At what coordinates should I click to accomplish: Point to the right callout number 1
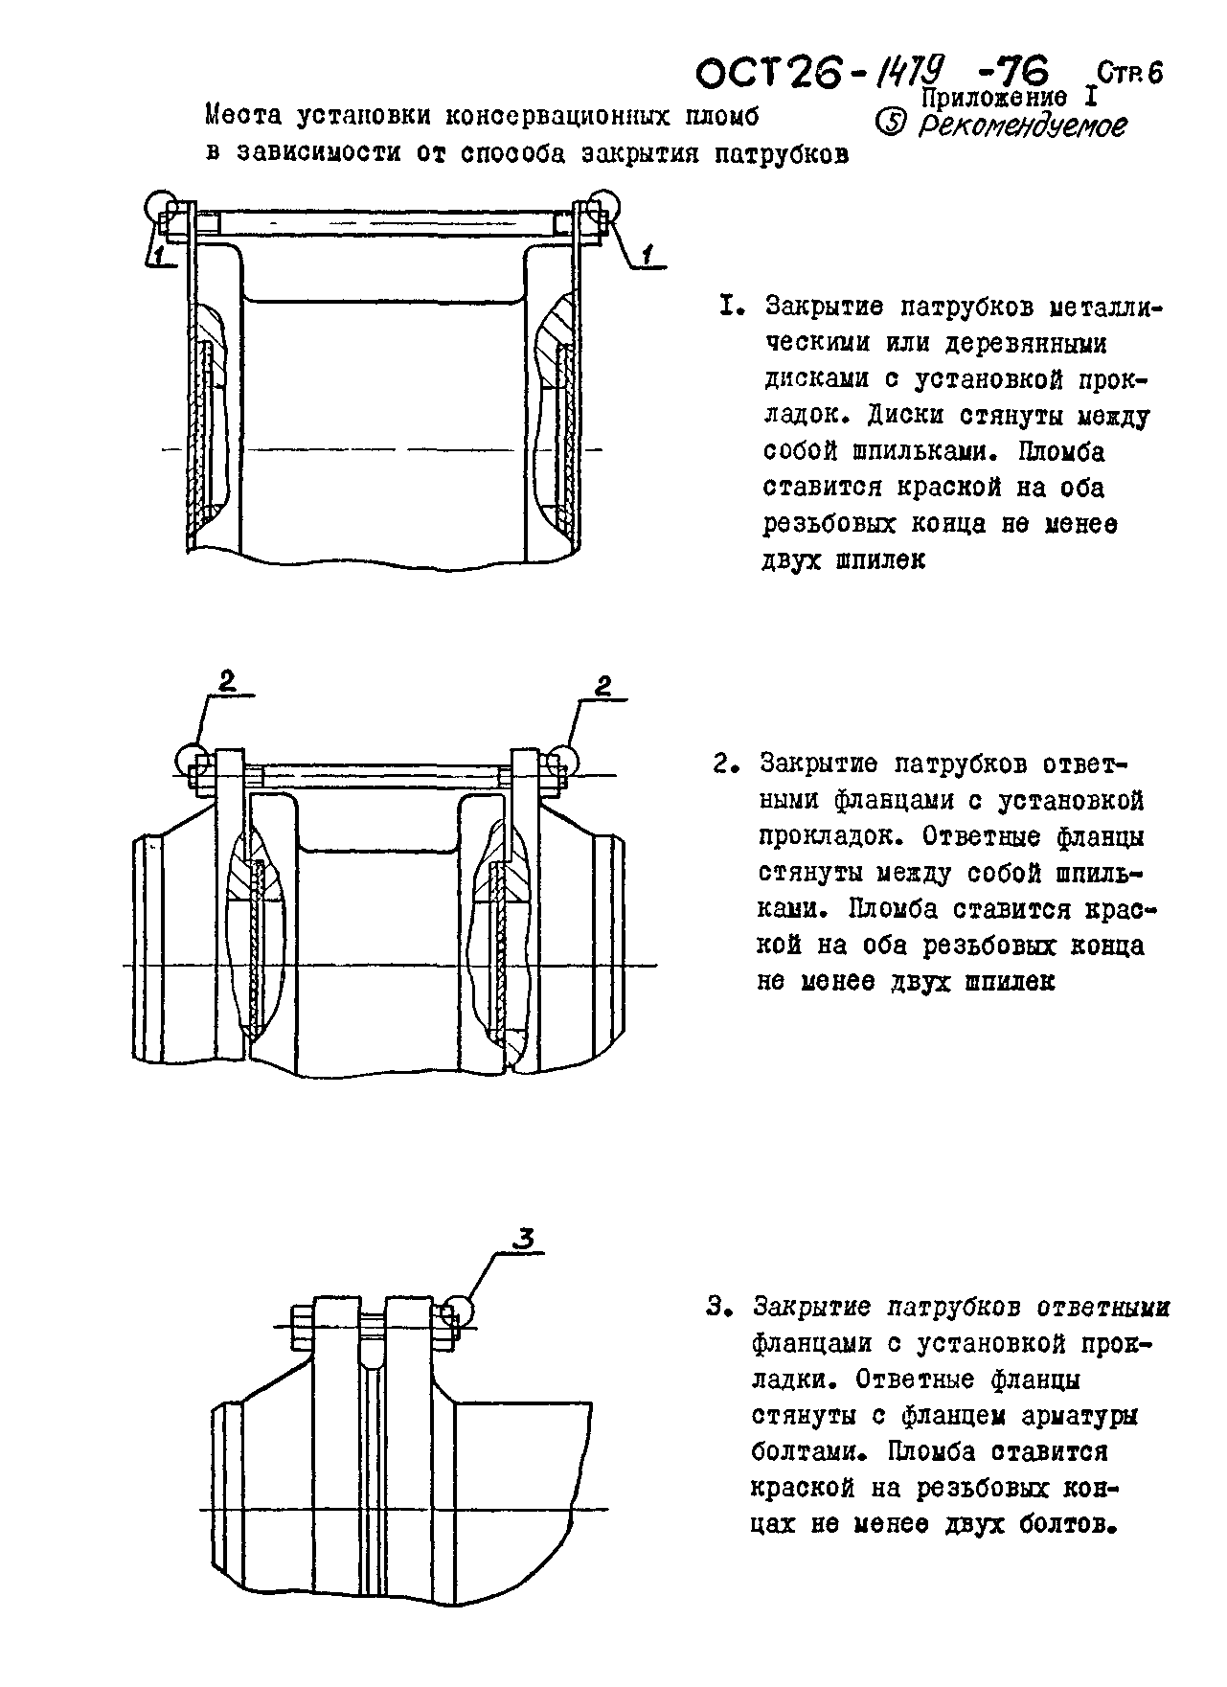pyautogui.click(x=648, y=254)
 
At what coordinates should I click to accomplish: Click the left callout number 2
pyautogui.click(x=227, y=681)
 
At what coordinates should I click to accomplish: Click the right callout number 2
pyautogui.click(x=603, y=686)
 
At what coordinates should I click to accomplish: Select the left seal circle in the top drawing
pyautogui.click(x=160, y=206)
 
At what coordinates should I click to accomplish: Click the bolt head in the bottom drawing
pyautogui.click(x=298, y=1327)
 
